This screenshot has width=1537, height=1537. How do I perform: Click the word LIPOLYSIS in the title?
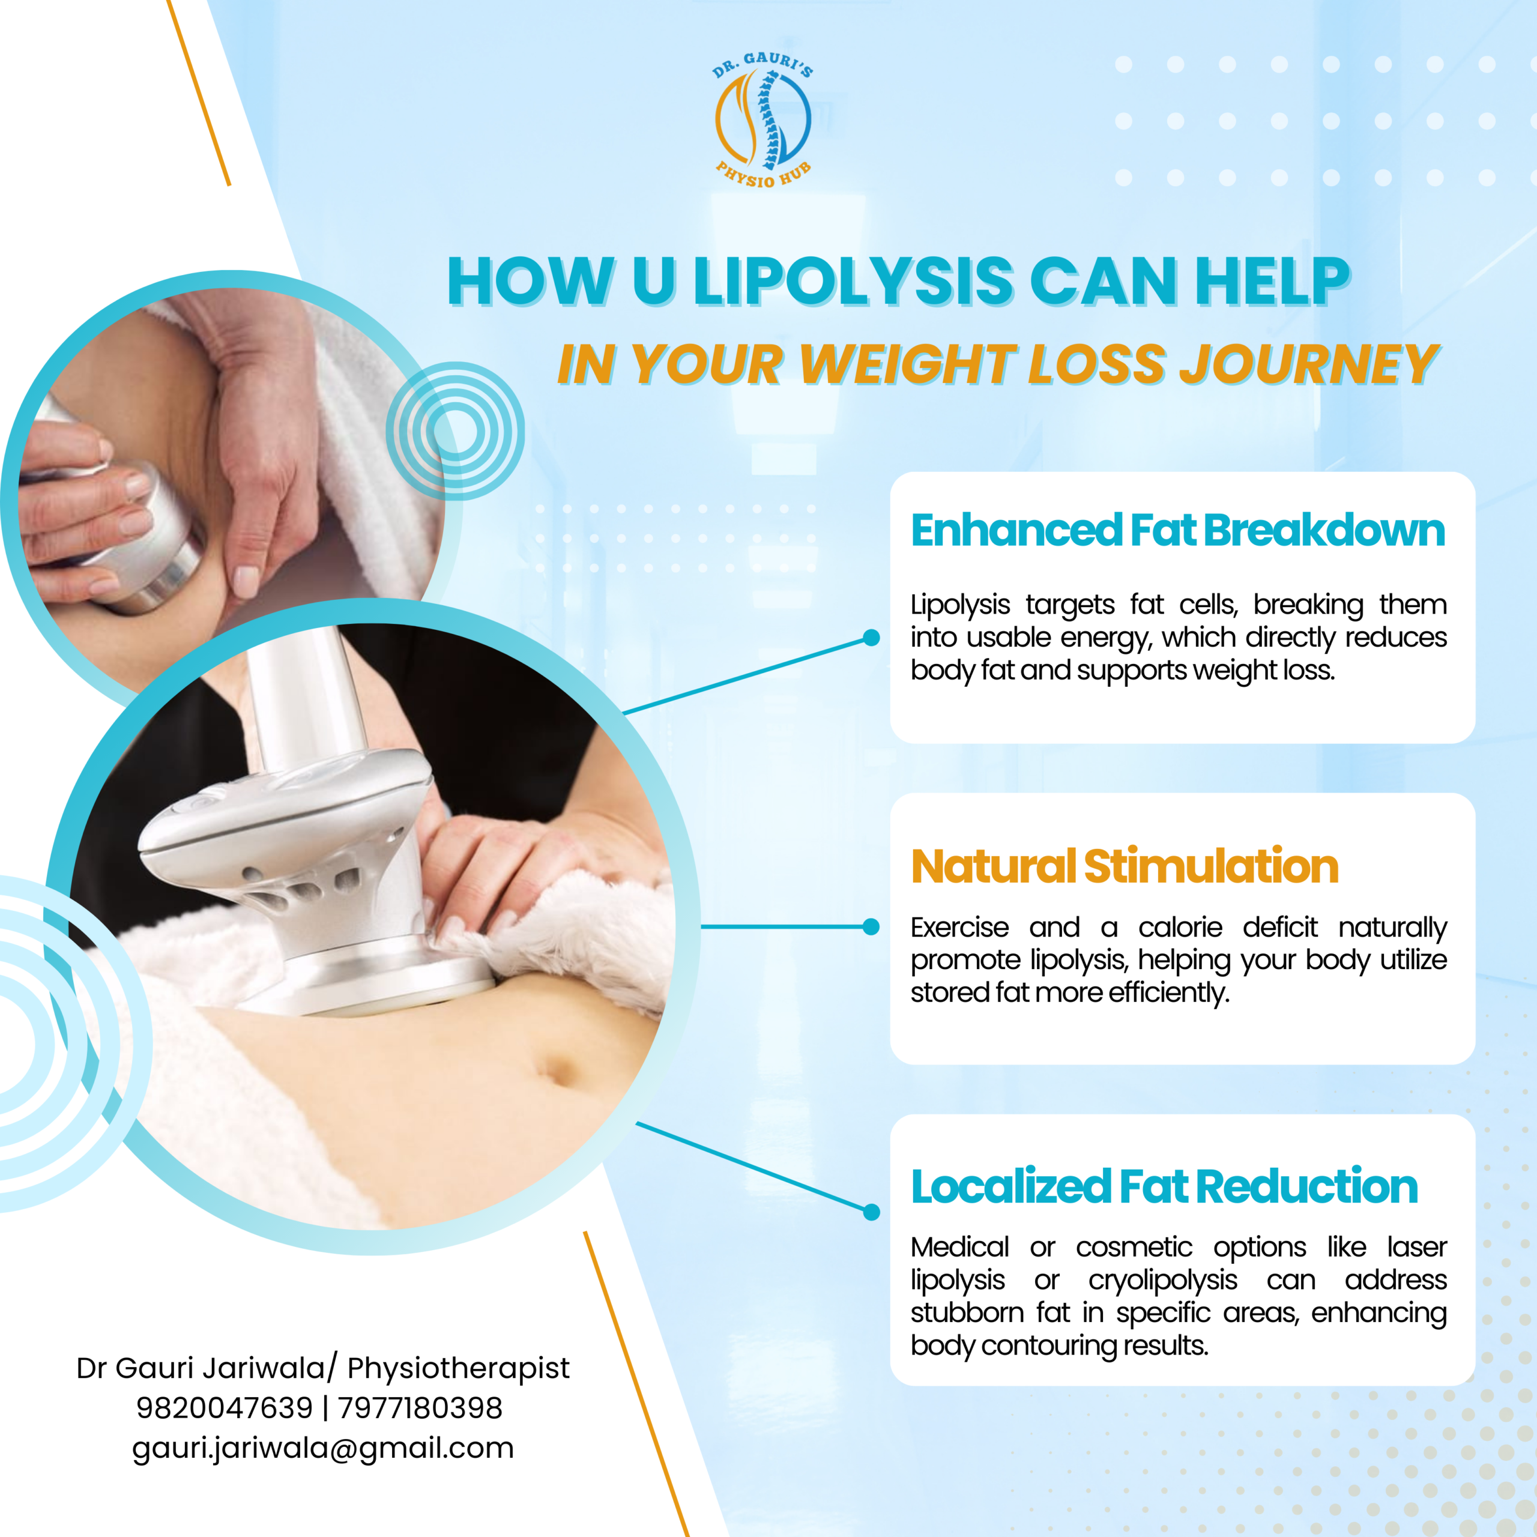[854, 282]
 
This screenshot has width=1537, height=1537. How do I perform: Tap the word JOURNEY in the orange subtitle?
[1309, 364]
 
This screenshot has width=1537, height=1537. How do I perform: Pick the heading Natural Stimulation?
[1124, 866]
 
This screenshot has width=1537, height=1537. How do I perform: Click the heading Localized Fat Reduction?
[1165, 1186]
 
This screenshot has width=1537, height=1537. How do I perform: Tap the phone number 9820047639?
[225, 1407]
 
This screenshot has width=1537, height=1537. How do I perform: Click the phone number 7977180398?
[420, 1407]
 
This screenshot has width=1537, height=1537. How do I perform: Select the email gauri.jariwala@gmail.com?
[323, 1448]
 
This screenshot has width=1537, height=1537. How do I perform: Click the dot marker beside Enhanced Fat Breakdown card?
[871, 637]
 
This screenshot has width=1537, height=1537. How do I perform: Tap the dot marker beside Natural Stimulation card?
[871, 926]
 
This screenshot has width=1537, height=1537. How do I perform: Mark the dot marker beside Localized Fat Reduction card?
[871, 1212]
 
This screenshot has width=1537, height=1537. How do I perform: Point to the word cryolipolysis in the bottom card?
[1163, 1280]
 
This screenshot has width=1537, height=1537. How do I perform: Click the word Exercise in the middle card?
[959, 927]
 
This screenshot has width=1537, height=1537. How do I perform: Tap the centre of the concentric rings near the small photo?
[455, 430]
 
